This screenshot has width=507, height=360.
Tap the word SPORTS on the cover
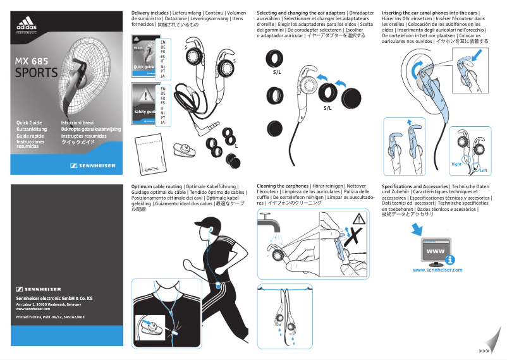(x=36, y=73)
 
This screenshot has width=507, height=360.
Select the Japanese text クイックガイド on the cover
(x=76, y=143)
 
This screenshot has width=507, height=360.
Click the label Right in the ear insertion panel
(x=456, y=164)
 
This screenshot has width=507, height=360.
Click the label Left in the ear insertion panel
(x=483, y=171)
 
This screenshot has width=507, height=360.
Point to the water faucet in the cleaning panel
(x=269, y=222)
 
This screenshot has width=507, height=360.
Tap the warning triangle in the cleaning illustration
(x=360, y=219)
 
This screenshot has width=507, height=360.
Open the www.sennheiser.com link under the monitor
(x=437, y=270)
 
